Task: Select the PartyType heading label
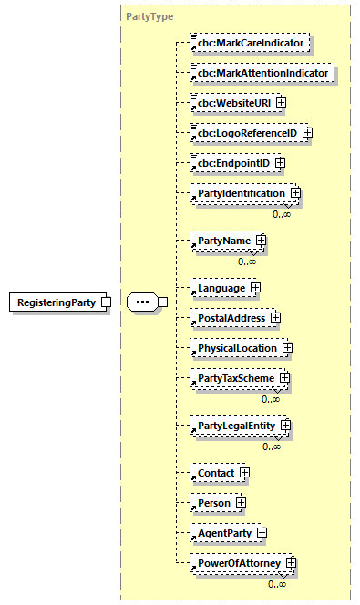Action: pyautogui.click(x=149, y=16)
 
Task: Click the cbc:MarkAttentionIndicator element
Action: pyautogui.click(x=260, y=72)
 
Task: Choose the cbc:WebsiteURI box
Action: pyautogui.click(x=231, y=102)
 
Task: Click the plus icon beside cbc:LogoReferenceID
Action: pyautogui.click(x=307, y=133)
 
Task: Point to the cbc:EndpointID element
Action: pyautogui.click(x=231, y=163)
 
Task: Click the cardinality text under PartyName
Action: pyautogui.click(x=247, y=261)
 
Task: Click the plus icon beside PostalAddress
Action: pyautogui.click(x=275, y=318)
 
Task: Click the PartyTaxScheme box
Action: pyautogui.click(x=232, y=377)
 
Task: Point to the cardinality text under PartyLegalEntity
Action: pyautogui.click(x=272, y=446)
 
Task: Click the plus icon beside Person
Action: pyautogui.click(x=241, y=502)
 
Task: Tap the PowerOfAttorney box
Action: pyautogui.click(x=236, y=563)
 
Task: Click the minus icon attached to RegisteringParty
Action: pyautogui.click(x=107, y=302)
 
